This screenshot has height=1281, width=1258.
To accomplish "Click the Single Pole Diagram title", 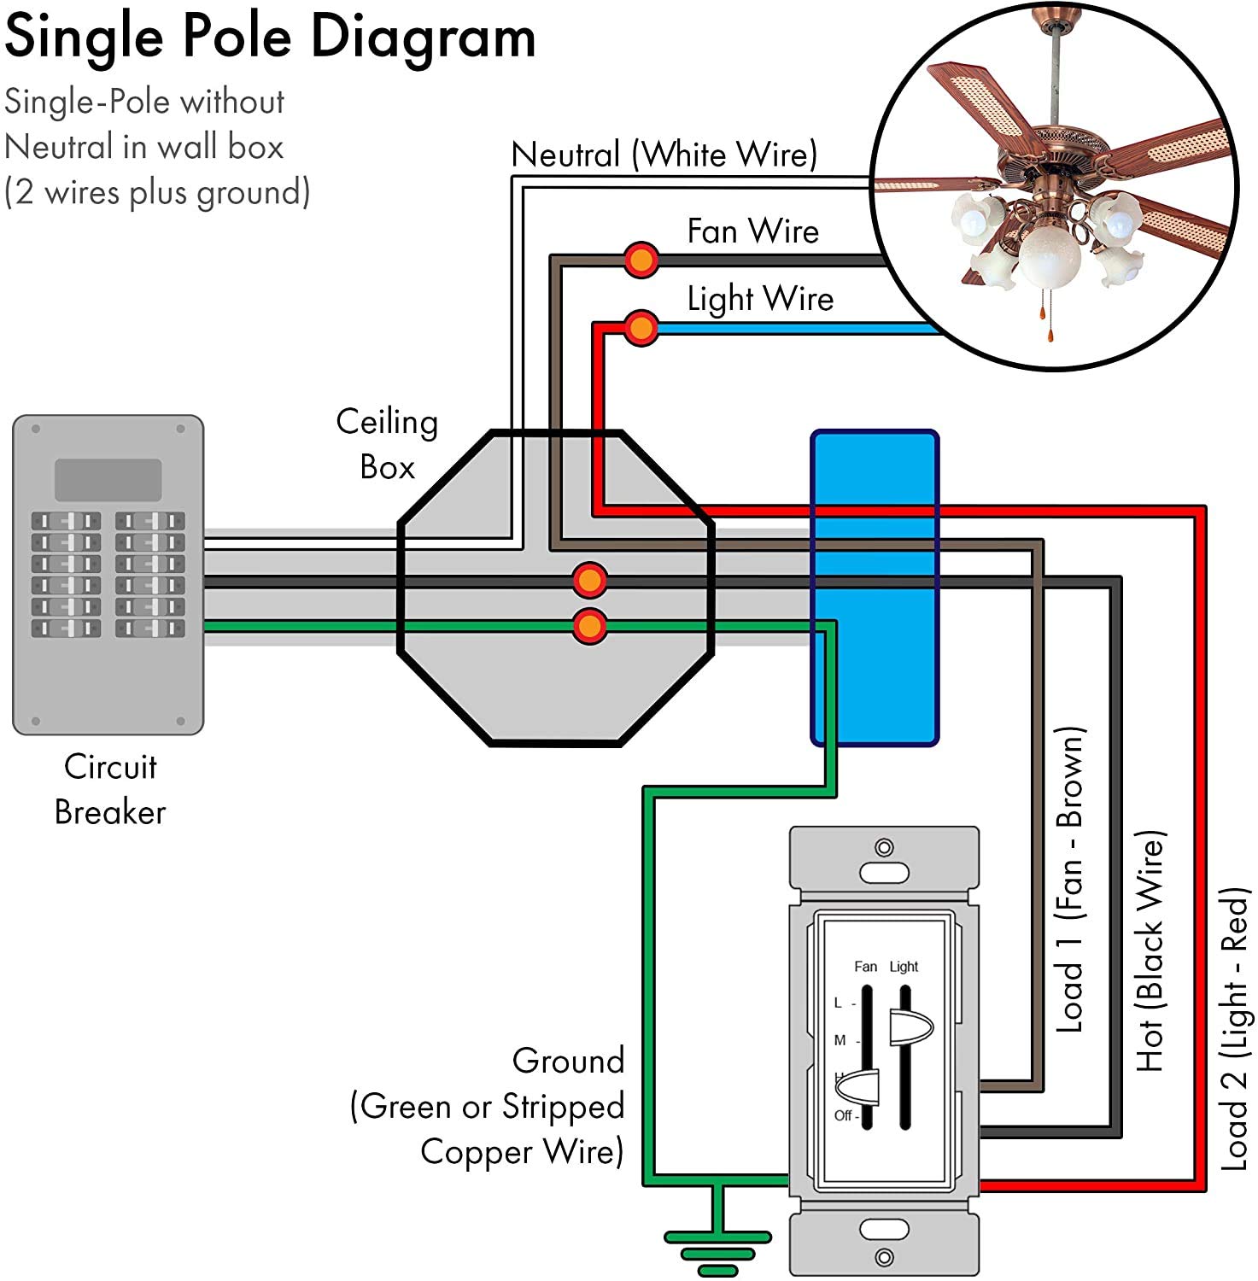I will tap(270, 38).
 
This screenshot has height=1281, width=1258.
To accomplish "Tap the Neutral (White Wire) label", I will tap(664, 155).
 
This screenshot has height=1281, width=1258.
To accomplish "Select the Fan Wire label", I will tap(752, 231).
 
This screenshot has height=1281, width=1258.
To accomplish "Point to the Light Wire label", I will tap(760, 299).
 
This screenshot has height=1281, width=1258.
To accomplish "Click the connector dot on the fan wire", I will tap(641, 259).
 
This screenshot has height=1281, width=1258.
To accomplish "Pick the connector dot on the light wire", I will tap(641, 327).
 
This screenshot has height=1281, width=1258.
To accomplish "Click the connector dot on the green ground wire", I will tap(589, 626).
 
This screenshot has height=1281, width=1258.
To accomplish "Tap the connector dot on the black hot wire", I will tap(589, 581).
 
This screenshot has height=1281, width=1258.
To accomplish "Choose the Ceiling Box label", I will tap(387, 444).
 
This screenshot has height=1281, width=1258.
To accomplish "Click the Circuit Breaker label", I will tap(110, 789).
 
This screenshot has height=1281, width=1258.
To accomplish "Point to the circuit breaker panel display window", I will tap(108, 480).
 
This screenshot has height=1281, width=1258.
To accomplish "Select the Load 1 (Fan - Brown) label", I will tap(1070, 880).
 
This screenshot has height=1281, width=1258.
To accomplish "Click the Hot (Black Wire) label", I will tap(1150, 951).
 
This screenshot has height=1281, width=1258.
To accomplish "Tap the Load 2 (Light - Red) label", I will tap(1235, 1029).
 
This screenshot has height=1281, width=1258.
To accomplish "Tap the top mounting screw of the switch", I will tap(884, 847).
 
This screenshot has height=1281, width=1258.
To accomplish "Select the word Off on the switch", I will tap(843, 1115).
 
